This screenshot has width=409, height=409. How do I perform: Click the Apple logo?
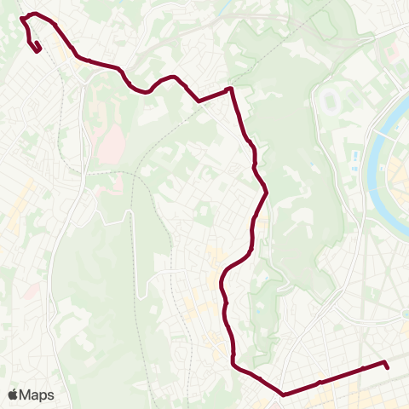pos(13,395)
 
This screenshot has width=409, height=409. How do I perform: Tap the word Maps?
pos(37,395)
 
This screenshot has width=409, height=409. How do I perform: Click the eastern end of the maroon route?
pos(387,367)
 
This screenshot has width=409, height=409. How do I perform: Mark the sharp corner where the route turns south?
pos(230,89)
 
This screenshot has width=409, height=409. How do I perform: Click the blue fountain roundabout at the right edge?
pos(404,314)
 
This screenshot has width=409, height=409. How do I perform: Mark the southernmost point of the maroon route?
pos(282,395)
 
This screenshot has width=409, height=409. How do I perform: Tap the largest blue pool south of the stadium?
pos(354,157)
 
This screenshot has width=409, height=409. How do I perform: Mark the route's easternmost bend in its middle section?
pos(268,193)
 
